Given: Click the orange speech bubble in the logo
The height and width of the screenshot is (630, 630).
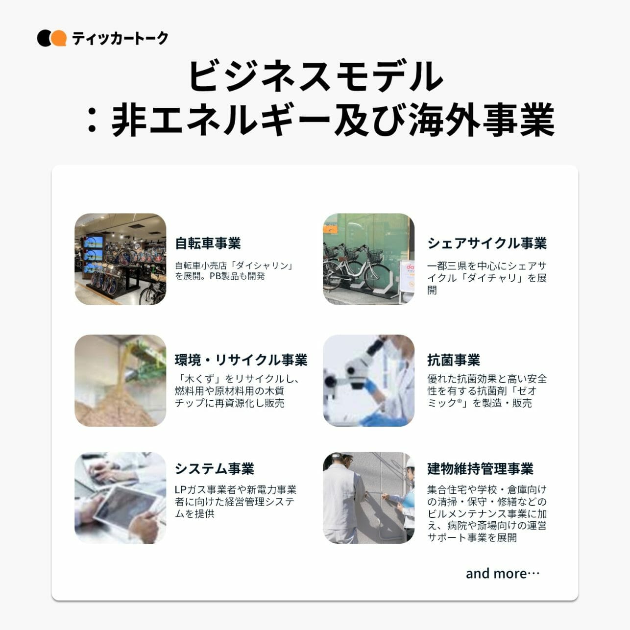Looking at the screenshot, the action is tap(59, 38).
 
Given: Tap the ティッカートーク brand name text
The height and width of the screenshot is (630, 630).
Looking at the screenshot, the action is tap(120, 38).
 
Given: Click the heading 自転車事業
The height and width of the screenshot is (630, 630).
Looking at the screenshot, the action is tap(208, 243).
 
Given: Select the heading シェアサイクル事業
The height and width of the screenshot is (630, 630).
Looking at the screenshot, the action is tap(487, 243).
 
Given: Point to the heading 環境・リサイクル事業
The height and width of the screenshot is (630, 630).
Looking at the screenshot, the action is tap(241, 360).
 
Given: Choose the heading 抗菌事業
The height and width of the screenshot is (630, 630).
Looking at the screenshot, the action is tap(454, 360).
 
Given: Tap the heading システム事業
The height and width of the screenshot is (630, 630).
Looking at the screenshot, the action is tap(215, 468).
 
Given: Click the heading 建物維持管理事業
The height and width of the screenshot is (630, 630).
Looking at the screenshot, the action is tap(480, 468).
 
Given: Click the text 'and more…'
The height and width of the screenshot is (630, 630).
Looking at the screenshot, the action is tap(503, 574).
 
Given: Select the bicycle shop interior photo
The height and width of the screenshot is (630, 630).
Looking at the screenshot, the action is tap(121, 259).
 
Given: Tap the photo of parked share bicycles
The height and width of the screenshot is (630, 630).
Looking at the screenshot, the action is tap(369, 259).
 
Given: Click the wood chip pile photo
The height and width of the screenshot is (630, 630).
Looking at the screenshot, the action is tap(121, 381).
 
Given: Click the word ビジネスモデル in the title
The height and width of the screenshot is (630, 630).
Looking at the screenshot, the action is tap(315, 76).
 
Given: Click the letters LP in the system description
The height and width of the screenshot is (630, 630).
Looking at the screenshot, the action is tap(181, 490).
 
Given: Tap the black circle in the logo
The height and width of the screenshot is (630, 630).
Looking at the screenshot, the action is tap(45, 38).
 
